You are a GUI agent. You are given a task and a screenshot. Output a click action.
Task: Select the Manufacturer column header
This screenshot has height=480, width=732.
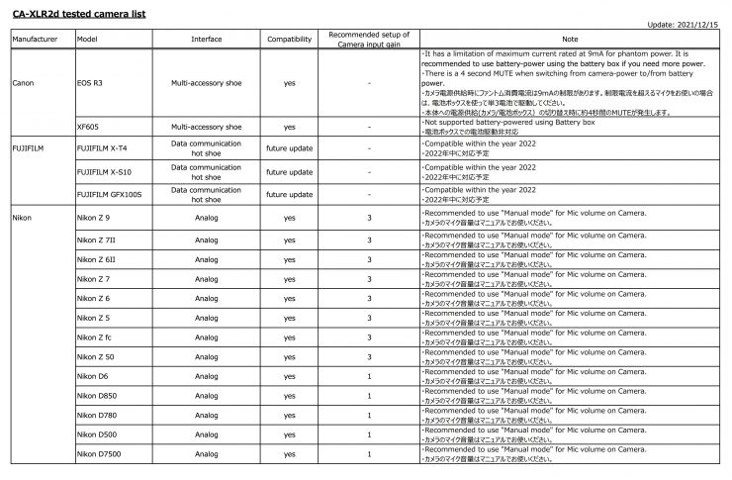[x=39, y=39]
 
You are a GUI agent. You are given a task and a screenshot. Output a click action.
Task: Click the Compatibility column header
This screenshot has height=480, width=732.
[x=289, y=39]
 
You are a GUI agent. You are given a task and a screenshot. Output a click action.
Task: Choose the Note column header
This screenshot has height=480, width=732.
[x=574, y=39]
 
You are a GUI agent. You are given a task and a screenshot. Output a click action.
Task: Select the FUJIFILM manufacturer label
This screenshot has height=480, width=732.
[x=31, y=148]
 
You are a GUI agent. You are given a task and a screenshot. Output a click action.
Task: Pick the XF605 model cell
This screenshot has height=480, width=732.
[x=88, y=128]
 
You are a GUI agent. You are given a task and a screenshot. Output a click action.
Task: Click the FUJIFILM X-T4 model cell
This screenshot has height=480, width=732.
[x=106, y=148]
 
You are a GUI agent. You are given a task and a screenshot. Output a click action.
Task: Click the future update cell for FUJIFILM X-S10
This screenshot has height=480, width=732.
[x=289, y=170]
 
